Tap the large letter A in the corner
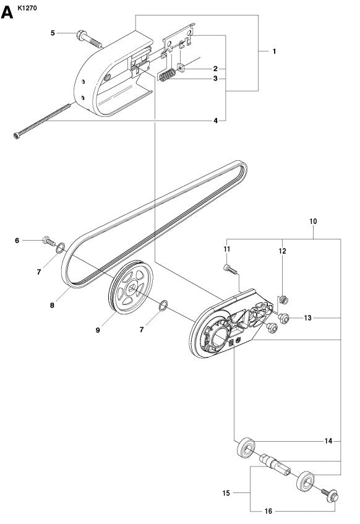pos(9,12)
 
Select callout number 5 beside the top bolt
pos(53,32)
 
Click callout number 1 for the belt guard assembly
pos(274,52)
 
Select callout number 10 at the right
pos(314,220)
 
